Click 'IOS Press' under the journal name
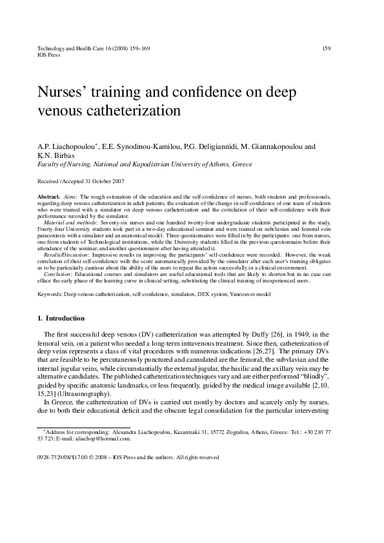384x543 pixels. click(x=49, y=55)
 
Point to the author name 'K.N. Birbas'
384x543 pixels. click(x=56, y=155)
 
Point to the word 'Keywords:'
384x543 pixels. click(x=50, y=293)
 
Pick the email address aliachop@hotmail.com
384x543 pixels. click(x=107, y=439)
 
